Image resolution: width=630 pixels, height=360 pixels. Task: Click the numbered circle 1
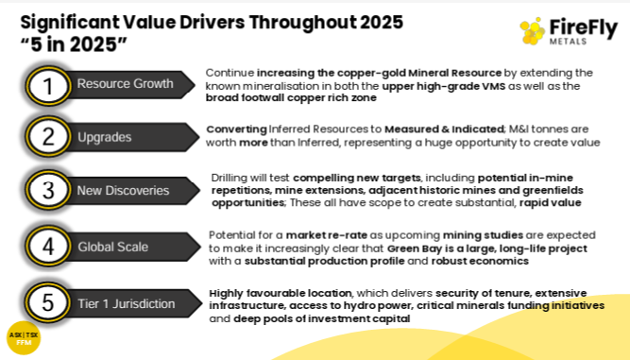tap(48, 86)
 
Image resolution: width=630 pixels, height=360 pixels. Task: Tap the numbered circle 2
tap(48, 137)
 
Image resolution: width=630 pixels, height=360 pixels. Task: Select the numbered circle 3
tap(48, 190)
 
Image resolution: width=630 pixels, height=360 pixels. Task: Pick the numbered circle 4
tap(48, 246)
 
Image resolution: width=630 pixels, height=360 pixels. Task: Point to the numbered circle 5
tap(48, 302)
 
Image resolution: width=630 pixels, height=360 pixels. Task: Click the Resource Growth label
tap(125, 83)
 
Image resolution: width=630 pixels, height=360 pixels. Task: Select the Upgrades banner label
tap(105, 137)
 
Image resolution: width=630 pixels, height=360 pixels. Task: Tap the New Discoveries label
tap(123, 191)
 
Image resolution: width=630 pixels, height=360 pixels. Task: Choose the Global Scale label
tap(113, 247)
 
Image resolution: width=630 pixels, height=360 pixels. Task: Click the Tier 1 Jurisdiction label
tap(127, 303)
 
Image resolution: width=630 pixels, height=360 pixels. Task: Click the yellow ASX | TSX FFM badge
tap(24, 338)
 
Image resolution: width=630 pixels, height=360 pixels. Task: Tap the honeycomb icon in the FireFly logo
tap(532, 31)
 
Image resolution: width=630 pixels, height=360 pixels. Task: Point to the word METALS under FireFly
tap(568, 42)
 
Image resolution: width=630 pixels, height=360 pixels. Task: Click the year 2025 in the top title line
tap(382, 22)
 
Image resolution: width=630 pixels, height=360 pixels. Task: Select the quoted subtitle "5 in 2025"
tap(74, 43)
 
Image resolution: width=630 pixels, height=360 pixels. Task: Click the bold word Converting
tap(237, 129)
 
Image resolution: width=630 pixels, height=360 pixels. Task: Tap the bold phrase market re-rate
tap(326, 235)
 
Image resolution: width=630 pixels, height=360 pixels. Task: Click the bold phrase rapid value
tap(550, 202)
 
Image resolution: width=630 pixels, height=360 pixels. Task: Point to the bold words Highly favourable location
tap(281, 293)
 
